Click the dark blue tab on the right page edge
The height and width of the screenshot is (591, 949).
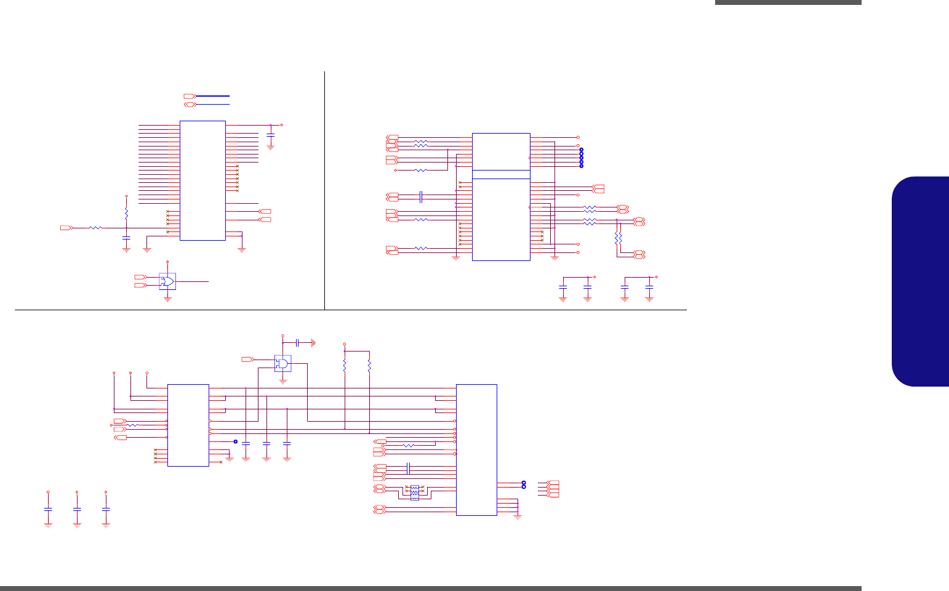pos(920,281)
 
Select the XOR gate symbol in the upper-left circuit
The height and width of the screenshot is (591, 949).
pos(167,282)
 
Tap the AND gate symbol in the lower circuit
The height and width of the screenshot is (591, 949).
pos(282,364)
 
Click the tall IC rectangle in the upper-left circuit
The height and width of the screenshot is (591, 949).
pos(202,180)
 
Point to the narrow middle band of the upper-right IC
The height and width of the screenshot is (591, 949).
pos(501,174)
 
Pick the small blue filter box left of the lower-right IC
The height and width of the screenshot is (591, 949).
pos(414,492)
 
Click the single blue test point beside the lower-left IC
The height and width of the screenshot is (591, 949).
pos(235,441)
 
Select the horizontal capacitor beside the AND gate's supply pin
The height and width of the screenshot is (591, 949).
pos(297,342)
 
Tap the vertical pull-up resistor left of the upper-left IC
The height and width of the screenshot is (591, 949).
pos(126,213)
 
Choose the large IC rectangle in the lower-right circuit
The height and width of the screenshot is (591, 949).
pos(476,449)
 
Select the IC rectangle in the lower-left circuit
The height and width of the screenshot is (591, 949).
pos(188,425)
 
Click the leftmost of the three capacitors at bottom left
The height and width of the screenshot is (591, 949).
pos(48,510)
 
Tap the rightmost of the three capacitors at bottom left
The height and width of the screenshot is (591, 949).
pos(106,510)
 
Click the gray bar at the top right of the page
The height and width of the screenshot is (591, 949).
pos(788,2)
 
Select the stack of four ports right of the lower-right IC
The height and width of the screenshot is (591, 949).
pos(553,489)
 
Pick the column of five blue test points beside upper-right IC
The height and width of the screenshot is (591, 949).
pos(581,158)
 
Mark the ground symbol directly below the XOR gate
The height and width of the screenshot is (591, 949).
pos(167,299)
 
